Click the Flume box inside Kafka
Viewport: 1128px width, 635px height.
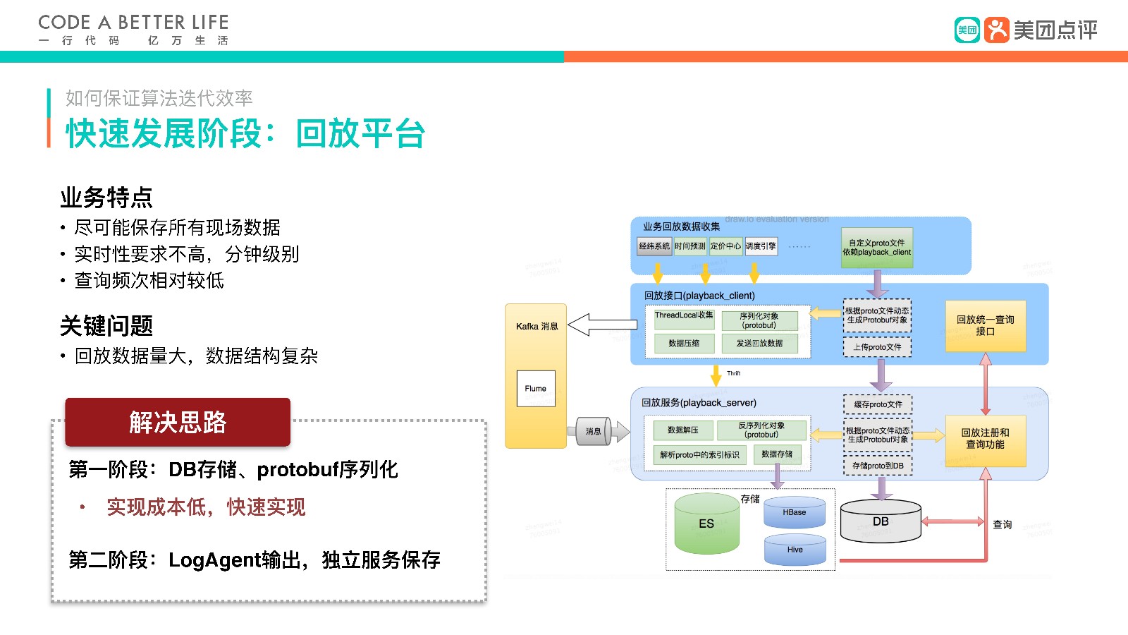click(536, 388)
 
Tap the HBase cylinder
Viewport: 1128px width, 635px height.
click(794, 513)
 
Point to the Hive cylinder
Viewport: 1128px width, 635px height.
click(795, 550)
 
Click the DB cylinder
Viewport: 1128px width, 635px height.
click(881, 522)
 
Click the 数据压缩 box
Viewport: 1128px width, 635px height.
click(684, 344)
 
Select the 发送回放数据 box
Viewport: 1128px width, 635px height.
click(759, 344)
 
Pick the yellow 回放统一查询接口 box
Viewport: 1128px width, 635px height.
click(985, 325)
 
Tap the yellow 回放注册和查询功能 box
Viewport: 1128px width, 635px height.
click(985, 438)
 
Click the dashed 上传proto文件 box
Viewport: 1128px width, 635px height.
click(877, 347)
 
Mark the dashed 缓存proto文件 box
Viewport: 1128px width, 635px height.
click(878, 404)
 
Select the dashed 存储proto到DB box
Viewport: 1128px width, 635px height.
click(878, 466)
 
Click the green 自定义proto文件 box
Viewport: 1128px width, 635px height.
click(877, 248)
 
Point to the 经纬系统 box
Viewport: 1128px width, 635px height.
click(654, 246)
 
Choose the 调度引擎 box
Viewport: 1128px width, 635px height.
click(761, 246)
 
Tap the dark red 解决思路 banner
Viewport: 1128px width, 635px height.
click(178, 422)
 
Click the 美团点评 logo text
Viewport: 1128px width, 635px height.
click(1055, 30)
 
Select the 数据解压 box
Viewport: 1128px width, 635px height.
click(682, 430)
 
